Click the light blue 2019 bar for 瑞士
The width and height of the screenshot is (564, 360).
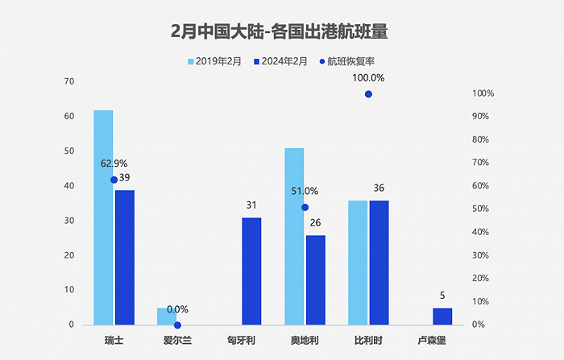point(103,217)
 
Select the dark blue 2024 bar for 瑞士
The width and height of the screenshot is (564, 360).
point(125,258)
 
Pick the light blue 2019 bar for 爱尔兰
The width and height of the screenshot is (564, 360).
point(167,317)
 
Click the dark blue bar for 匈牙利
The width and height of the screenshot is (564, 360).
point(251,271)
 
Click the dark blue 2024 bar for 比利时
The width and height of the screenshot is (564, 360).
point(379,263)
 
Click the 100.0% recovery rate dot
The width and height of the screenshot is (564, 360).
point(368,94)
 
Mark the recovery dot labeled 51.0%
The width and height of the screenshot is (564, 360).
point(305,207)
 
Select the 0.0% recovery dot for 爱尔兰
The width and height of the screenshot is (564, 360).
point(177,325)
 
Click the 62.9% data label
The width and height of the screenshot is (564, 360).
point(114,163)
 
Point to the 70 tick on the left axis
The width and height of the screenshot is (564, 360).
point(70,81)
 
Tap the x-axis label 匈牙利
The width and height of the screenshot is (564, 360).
point(241,341)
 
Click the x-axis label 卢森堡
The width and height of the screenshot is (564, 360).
point(432,341)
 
